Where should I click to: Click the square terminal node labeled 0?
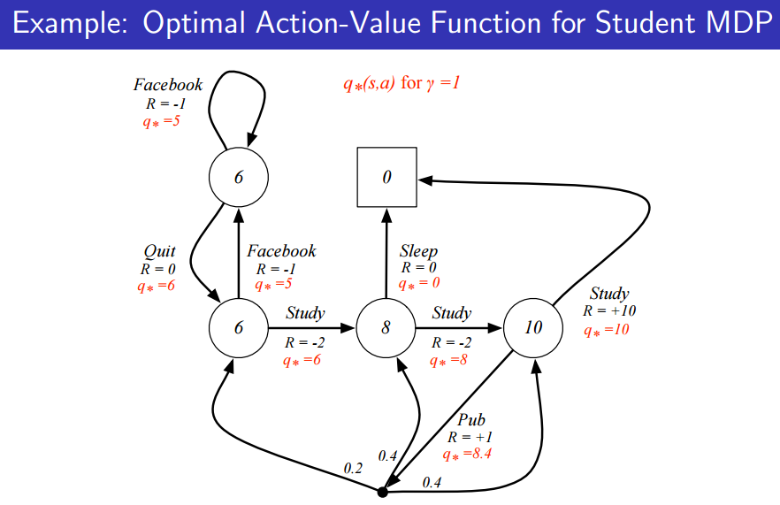point(386,177)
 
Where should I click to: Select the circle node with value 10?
point(533,328)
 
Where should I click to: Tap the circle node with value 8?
point(386,328)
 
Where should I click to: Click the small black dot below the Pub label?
point(382,491)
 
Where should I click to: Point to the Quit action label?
point(159,252)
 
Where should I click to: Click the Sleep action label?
point(418,252)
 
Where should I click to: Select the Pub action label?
point(470,420)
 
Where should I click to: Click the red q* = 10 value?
point(606,330)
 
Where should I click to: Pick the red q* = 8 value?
point(448,360)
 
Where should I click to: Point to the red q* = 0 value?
point(418,284)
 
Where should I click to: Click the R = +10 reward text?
point(608,311)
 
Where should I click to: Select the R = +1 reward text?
point(470,437)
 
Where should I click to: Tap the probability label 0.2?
point(353,468)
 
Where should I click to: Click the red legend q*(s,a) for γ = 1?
point(402,84)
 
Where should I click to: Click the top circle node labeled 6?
point(238,177)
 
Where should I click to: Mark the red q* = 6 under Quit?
point(157,286)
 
